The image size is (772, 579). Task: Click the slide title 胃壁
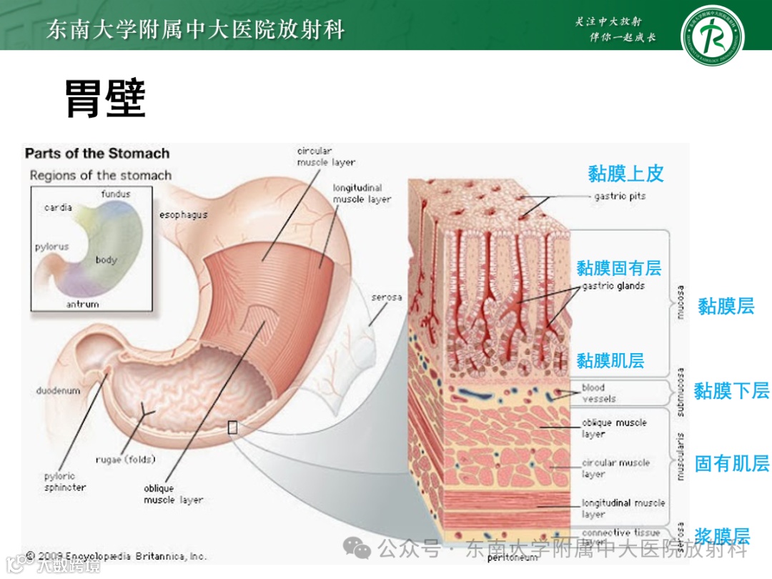(106, 98)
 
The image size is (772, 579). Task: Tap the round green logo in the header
(712, 34)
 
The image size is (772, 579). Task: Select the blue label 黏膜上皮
(625, 174)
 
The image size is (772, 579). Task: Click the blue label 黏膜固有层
(619, 269)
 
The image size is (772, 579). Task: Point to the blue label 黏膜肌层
(610, 361)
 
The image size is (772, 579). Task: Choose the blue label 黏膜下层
(731, 391)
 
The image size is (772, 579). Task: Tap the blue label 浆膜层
(722, 536)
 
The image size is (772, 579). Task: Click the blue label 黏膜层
(726, 307)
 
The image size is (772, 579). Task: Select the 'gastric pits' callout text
(620, 197)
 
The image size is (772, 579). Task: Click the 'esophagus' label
(183, 214)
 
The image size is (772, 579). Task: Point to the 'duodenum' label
(59, 391)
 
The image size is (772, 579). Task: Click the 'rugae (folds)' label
(126, 460)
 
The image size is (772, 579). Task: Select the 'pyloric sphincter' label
(64, 482)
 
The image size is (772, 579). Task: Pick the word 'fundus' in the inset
(116, 194)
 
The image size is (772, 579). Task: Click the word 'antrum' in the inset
(83, 305)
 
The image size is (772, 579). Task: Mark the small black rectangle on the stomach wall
(232, 427)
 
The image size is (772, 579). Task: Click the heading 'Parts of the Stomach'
(97, 154)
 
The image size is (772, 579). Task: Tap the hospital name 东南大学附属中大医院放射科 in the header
(195, 30)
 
